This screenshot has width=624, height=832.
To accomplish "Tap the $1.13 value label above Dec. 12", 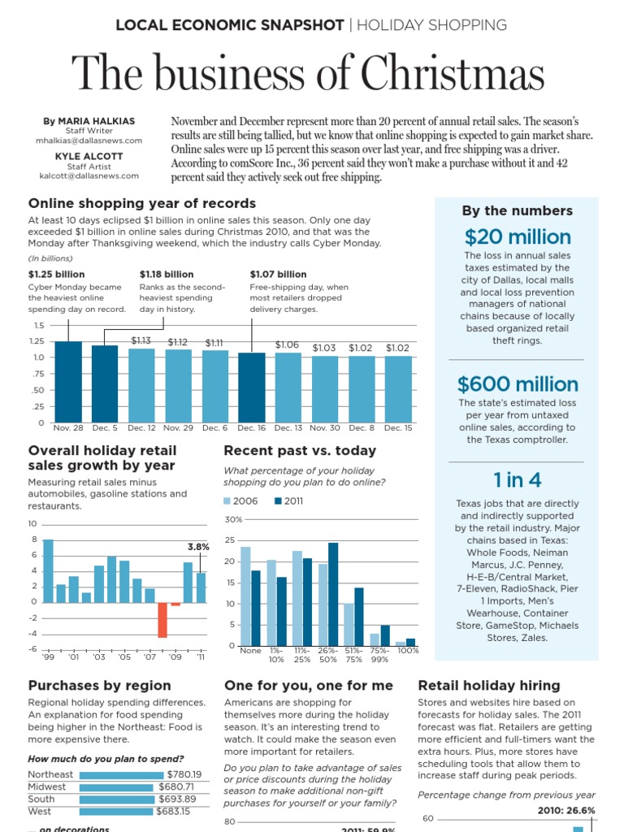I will (x=141, y=341).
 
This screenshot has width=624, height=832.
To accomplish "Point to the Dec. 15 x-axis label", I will (x=398, y=427).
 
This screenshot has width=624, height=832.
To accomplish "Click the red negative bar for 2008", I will (x=162, y=619).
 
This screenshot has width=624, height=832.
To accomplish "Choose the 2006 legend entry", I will (x=241, y=501).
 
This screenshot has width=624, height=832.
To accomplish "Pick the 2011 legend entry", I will (x=289, y=501).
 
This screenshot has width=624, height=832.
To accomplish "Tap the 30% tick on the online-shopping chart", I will (x=233, y=519).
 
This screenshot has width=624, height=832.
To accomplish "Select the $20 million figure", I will (x=518, y=236).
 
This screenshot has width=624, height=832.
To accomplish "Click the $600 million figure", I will (x=518, y=383).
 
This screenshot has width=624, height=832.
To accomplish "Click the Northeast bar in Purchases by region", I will (x=119, y=775).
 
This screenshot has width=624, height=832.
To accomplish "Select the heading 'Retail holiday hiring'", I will (x=488, y=686).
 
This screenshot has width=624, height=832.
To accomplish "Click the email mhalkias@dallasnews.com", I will (x=89, y=140).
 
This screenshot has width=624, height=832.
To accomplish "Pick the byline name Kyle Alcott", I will (x=89, y=156).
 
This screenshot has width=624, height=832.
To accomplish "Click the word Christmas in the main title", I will (x=453, y=76).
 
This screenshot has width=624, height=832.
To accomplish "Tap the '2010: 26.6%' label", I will (x=566, y=810).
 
